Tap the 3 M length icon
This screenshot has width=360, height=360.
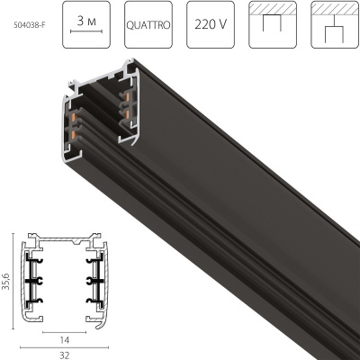88,26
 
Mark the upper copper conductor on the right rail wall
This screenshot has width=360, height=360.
128,96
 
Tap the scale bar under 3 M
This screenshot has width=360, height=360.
88,37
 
